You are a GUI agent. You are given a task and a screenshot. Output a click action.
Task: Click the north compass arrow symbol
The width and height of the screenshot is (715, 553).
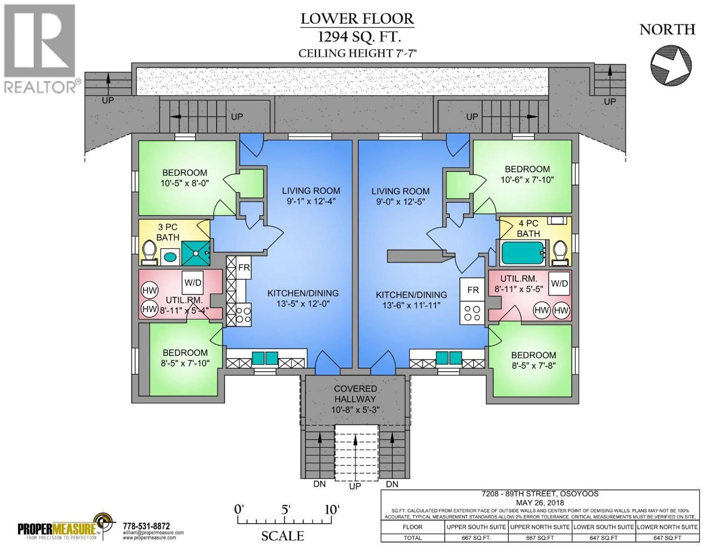pos(671,66)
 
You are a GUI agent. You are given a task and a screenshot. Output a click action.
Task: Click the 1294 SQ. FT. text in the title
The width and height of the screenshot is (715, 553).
pos(359,37)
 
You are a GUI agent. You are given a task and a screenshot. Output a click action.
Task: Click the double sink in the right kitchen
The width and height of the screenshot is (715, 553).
pos(449,358)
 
